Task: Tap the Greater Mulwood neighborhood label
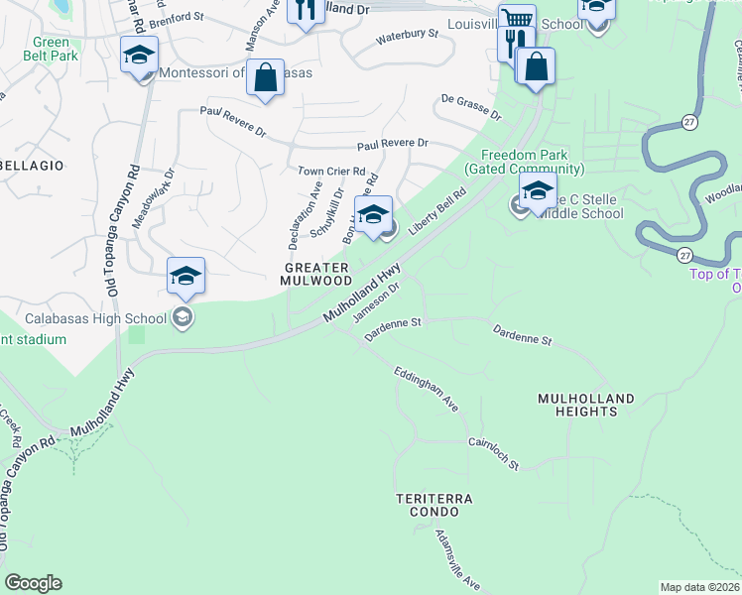(316, 275)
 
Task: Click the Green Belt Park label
(51, 49)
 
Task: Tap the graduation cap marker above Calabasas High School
(185, 277)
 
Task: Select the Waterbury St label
(407, 37)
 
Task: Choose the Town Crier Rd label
(332, 171)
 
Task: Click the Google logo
(33, 583)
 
